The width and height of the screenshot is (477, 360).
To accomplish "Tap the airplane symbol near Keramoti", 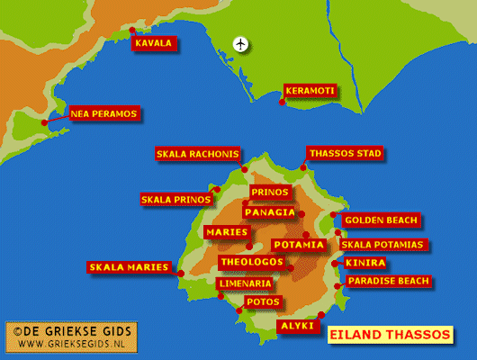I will [x=240, y=43].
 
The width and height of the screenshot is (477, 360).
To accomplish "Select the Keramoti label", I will [x=310, y=91].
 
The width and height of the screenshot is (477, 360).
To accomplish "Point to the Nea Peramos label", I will [x=103, y=114].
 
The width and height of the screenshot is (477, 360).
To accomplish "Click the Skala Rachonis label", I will [x=198, y=154].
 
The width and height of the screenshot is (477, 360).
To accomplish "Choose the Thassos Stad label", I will [x=345, y=154].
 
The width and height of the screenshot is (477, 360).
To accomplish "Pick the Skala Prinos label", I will [x=175, y=199].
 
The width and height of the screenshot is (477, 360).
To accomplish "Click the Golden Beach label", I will [x=382, y=220].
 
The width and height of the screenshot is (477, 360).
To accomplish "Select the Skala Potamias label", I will [x=382, y=245].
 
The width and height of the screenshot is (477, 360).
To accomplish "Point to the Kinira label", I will [x=365, y=263].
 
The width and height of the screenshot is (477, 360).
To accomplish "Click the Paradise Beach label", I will [x=388, y=282].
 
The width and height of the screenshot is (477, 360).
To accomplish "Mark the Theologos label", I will [x=251, y=263].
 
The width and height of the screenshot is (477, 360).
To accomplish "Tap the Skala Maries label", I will [x=129, y=267].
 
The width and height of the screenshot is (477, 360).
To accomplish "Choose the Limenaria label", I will [x=244, y=283].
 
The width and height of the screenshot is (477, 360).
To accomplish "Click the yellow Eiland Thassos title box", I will [x=389, y=335].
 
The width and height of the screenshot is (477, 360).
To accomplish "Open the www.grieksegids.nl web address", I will [x=72, y=344].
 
